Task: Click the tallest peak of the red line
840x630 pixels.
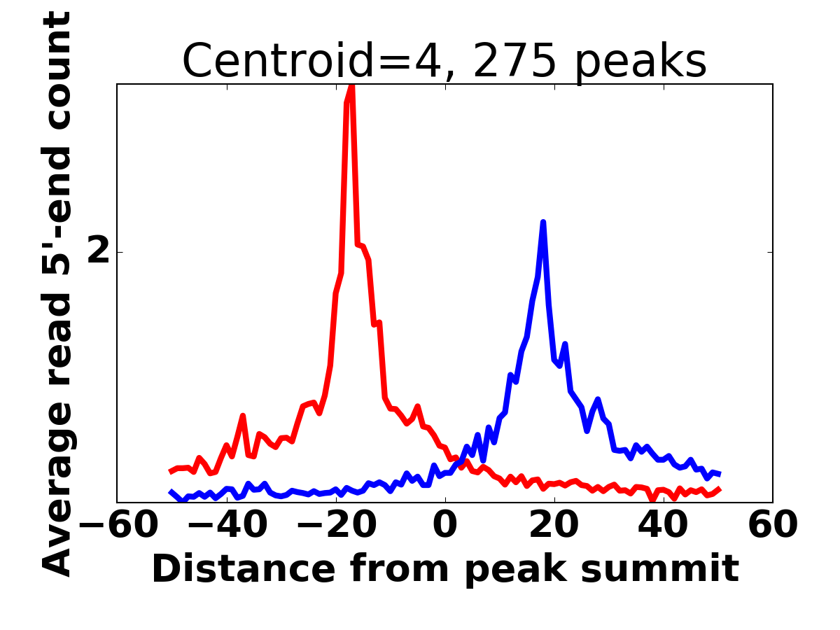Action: tap(351, 87)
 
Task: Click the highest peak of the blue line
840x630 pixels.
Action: tap(543, 223)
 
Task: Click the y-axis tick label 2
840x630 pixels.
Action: tap(98, 252)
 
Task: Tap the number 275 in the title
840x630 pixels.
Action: tap(516, 62)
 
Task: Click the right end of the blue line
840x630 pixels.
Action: tap(719, 475)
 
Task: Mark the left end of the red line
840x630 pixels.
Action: tap(171, 472)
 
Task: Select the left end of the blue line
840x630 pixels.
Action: tap(171, 492)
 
